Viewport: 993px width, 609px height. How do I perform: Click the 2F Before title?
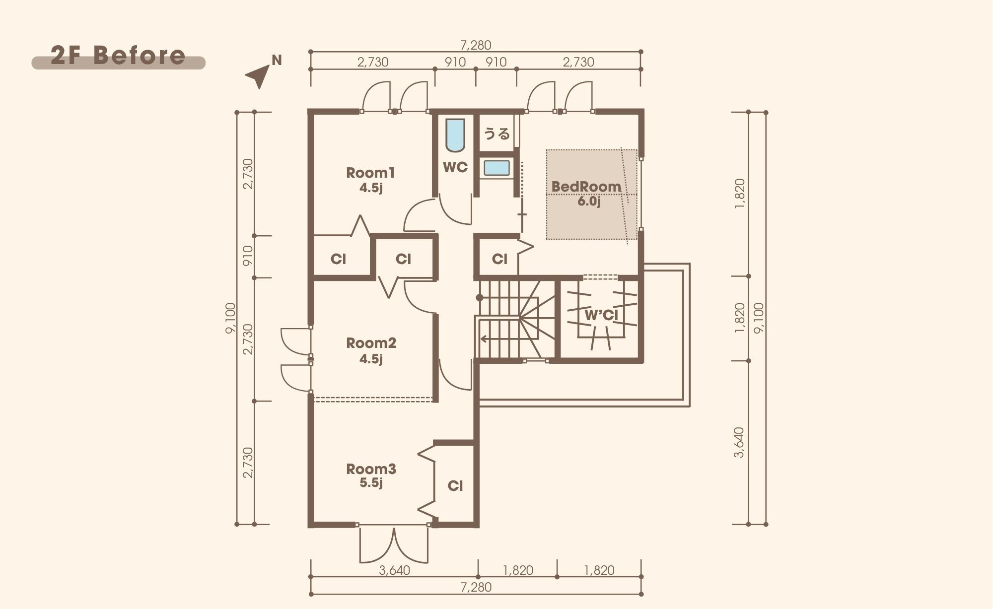click(118, 56)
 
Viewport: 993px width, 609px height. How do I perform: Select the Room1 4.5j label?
click(370, 180)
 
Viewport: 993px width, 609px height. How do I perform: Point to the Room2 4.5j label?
click(371, 350)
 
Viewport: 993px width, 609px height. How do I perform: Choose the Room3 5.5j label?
click(371, 475)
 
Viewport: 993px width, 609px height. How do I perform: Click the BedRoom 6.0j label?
click(586, 194)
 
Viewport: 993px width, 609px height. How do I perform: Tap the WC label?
click(455, 167)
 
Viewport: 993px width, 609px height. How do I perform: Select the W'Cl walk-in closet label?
click(601, 315)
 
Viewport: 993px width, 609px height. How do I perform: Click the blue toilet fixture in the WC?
click(455, 135)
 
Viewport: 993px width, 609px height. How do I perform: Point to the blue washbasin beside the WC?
click(496, 168)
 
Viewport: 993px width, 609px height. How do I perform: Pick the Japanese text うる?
click(497, 134)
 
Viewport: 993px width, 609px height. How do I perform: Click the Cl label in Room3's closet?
click(455, 485)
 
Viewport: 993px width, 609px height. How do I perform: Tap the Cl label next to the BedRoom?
click(499, 259)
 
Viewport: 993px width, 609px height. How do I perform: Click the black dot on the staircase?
click(480, 298)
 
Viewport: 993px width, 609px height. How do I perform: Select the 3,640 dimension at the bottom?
click(395, 570)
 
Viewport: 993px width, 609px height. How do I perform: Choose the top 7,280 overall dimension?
click(476, 45)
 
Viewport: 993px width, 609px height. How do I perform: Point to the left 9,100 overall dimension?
click(230, 318)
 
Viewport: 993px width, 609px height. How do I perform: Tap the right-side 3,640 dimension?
click(739, 442)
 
